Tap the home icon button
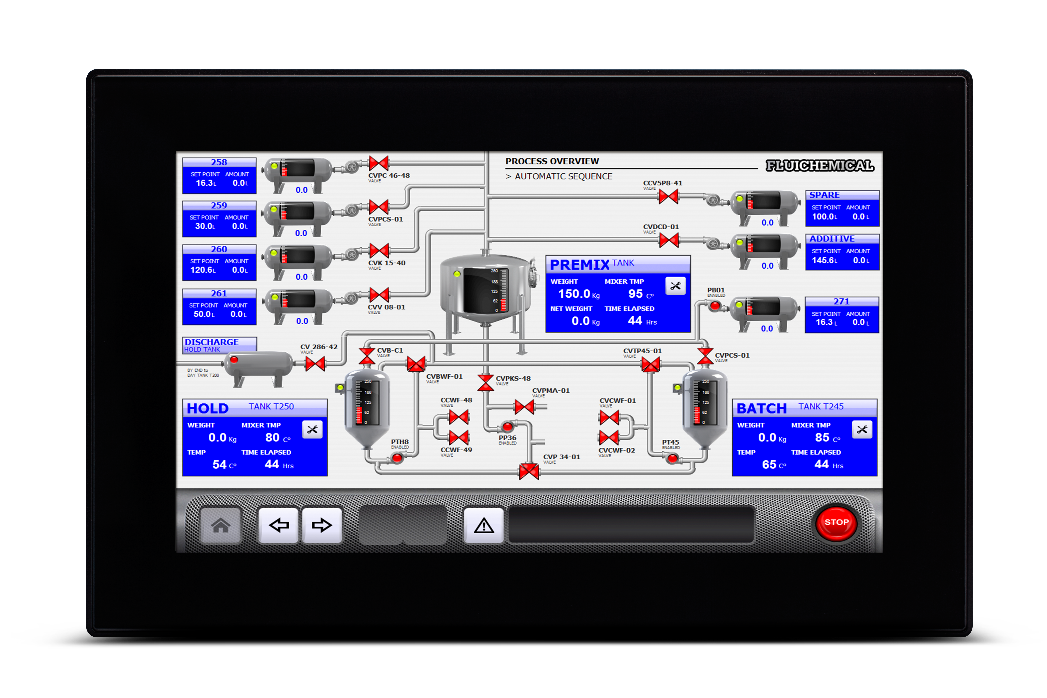coord(220,525)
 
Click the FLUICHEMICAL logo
coord(820,166)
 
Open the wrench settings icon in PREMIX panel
coord(675,286)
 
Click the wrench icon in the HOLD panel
coord(312,430)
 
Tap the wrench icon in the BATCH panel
coord(862,430)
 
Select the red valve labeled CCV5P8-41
coord(668,196)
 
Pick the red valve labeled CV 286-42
coord(315,364)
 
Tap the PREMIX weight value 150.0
coord(574,294)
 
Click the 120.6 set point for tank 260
coord(202,270)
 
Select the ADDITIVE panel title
coord(831,239)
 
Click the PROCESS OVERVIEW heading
coord(552,161)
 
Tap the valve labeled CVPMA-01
coord(524,406)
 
